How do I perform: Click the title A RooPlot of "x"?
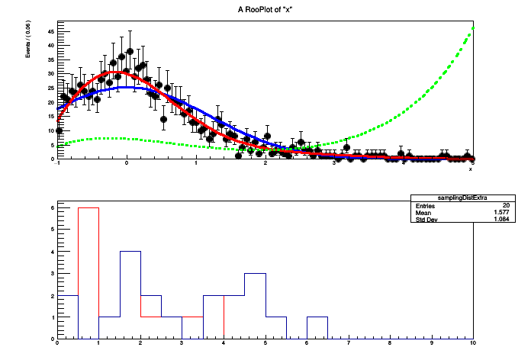[x=265, y=8]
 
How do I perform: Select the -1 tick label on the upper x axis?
[x=58, y=164]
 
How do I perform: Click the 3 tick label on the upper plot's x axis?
[x=335, y=164]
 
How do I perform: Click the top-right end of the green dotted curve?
[x=473, y=28]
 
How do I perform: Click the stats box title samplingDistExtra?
[x=442, y=197]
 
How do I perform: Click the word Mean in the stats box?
[x=424, y=214]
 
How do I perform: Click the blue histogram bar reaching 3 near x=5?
[x=254, y=305]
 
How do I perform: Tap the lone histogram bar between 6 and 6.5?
[x=317, y=327]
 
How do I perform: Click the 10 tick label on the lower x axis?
[x=473, y=344]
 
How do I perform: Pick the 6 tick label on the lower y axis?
[x=51, y=207]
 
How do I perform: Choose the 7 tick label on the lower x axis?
[x=349, y=344]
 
